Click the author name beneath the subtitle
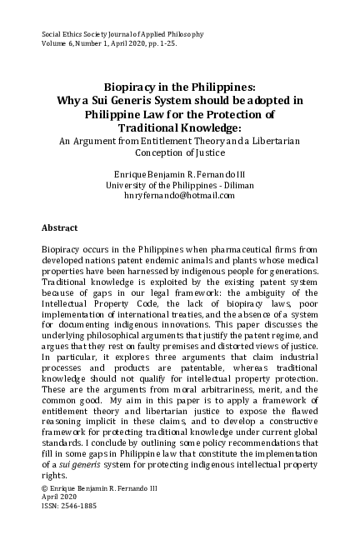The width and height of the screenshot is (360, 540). click(178, 172)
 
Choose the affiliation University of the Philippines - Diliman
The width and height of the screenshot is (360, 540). click(178, 183)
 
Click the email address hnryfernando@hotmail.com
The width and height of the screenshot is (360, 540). click(178, 195)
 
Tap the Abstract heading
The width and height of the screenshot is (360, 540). click(59, 227)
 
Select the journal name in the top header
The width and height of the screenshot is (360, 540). click(117, 33)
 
